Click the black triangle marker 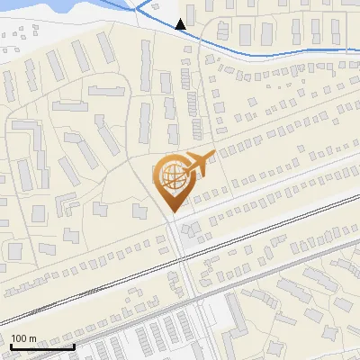[181, 24]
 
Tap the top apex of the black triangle [181, 19]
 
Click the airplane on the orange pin [195, 165]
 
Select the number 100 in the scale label [19, 338]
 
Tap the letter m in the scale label [32, 338]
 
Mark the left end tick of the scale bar [11, 344]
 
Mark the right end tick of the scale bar [74, 344]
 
